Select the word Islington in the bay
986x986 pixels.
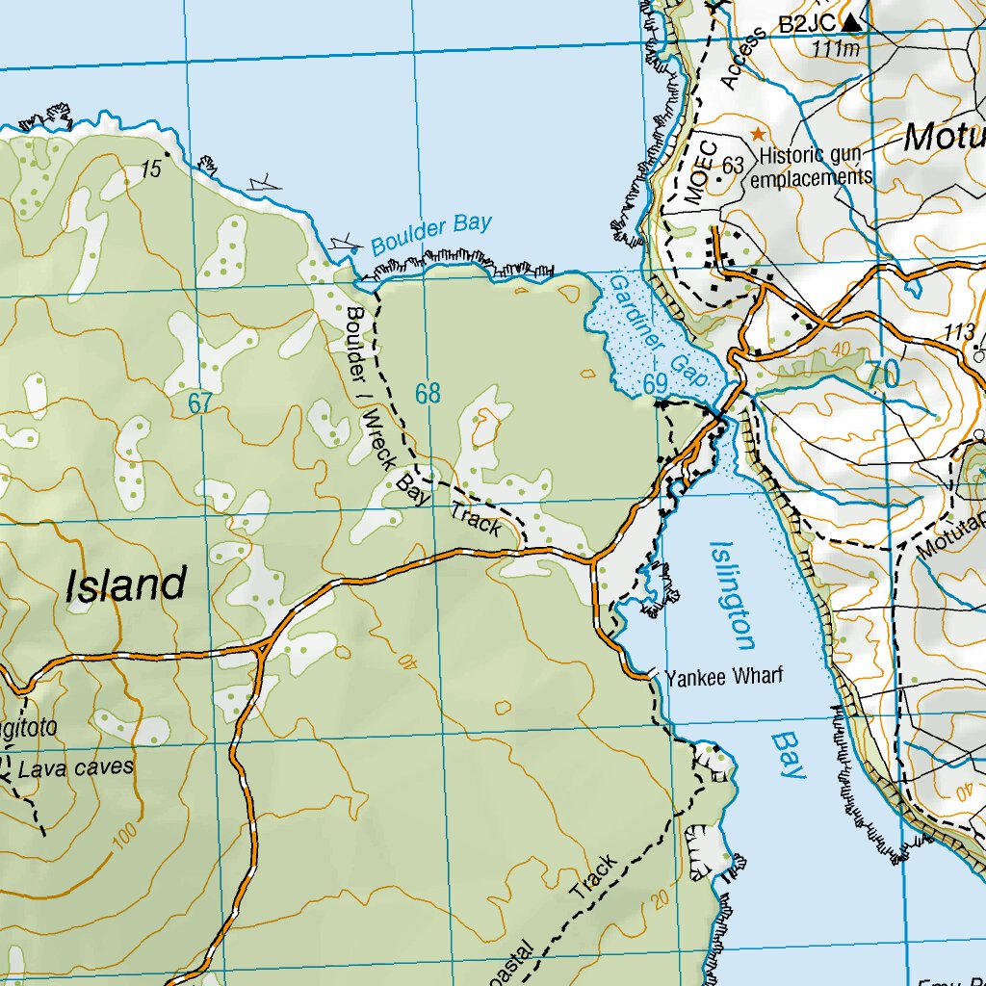pyautogui.click(x=731, y=595)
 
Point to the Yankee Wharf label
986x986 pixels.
pyautogui.click(x=724, y=676)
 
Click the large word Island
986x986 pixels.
pyautogui.click(x=126, y=585)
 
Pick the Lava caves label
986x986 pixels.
pyautogui.click(x=76, y=768)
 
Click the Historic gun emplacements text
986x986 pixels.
pyautogui.click(x=812, y=166)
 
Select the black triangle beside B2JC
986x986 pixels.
pyautogui.click(x=852, y=21)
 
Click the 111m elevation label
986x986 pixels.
pyautogui.click(x=837, y=48)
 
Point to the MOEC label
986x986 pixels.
pyautogui.click(x=701, y=172)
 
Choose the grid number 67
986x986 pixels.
pyautogui.click(x=199, y=403)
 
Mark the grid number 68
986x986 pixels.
pyautogui.click(x=428, y=393)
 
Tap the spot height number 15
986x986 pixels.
pyautogui.click(x=150, y=170)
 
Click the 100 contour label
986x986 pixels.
pyautogui.click(x=123, y=839)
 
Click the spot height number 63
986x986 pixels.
pyautogui.click(x=733, y=166)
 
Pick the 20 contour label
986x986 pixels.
pyautogui.click(x=660, y=899)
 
